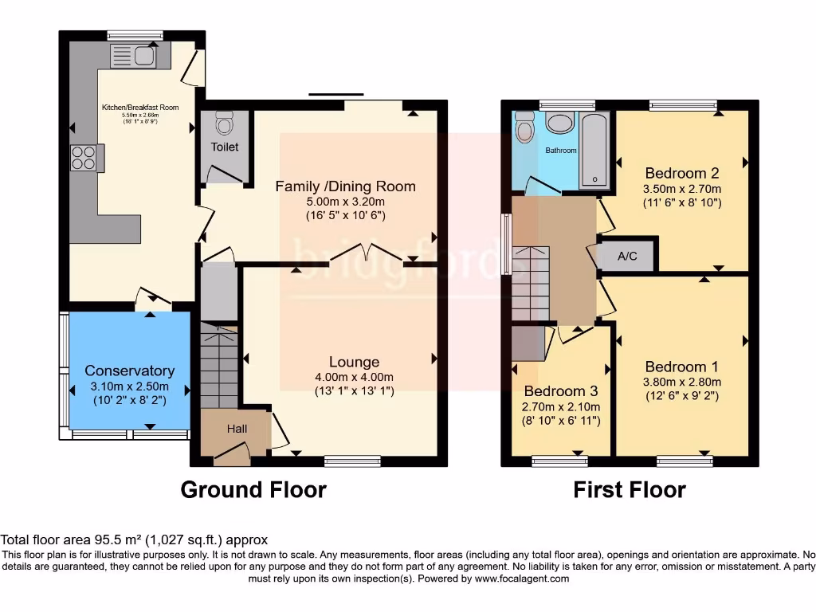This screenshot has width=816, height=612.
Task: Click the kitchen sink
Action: click(x=135, y=57)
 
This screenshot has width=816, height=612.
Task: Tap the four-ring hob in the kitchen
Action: click(x=84, y=158)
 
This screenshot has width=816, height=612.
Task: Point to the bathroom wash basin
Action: click(x=561, y=124)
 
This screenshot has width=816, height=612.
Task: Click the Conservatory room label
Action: click(x=129, y=371)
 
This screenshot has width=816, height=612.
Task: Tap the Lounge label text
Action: click(x=354, y=363)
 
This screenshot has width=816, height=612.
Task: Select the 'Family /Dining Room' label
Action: click(x=345, y=186)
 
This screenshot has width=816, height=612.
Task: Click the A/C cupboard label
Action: click(x=628, y=257)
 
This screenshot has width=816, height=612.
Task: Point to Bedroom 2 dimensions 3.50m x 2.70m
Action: click(x=682, y=189)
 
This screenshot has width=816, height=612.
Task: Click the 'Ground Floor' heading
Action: click(x=253, y=489)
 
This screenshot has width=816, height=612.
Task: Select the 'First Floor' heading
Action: click(x=629, y=489)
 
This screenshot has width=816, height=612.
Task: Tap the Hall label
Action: click(x=237, y=429)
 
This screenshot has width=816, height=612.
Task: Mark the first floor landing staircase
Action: click(x=531, y=283)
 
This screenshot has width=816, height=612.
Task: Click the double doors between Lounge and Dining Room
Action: click(x=366, y=253)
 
